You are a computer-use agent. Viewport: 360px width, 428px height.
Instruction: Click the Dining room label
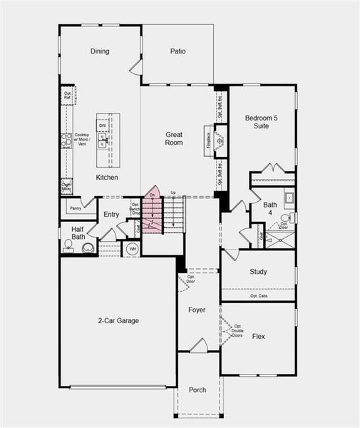(100, 51)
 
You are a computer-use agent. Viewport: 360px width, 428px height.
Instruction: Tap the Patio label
(178, 51)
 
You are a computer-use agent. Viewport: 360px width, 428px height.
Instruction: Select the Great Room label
(175, 138)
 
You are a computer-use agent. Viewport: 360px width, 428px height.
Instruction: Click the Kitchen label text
(107, 178)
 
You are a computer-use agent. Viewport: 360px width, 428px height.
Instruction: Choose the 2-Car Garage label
(118, 321)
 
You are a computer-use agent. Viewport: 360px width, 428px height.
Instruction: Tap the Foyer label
(197, 310)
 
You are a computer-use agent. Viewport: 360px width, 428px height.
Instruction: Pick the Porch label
(197, 390)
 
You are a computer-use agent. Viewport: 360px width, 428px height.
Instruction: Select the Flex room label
(259, 335)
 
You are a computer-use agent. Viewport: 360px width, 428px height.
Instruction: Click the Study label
(258, 272)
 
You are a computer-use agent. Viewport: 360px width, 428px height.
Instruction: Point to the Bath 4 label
(270, 209)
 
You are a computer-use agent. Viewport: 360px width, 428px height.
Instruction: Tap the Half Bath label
(78, 233)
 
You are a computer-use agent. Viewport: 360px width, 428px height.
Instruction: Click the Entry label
(111, 214)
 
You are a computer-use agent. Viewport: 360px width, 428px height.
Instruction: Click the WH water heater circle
(132, 249)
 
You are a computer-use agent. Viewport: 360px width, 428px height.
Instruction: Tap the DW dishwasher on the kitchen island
(103, 126)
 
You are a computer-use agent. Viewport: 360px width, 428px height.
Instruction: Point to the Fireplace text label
(208, 139)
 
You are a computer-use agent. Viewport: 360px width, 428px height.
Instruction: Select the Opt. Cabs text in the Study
(258, 295)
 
